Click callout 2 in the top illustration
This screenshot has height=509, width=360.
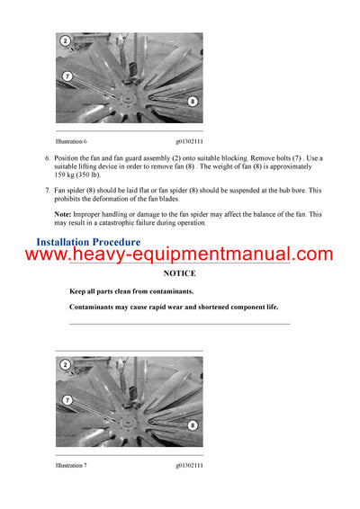click(66, 41)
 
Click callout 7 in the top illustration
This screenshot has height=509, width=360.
click(67, 76)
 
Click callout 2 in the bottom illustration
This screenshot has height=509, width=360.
click(66, 364)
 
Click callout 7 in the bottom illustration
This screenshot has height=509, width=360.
click(67, 399)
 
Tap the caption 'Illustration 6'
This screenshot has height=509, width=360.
click(71, 141)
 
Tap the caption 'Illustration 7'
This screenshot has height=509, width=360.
click(71, 464)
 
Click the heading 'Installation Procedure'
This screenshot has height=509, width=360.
click(87, 242)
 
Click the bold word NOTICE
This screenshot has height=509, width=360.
click(179, 272)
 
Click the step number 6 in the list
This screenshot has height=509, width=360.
click(48, 158)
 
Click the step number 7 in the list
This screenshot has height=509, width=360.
click(48, 191)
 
